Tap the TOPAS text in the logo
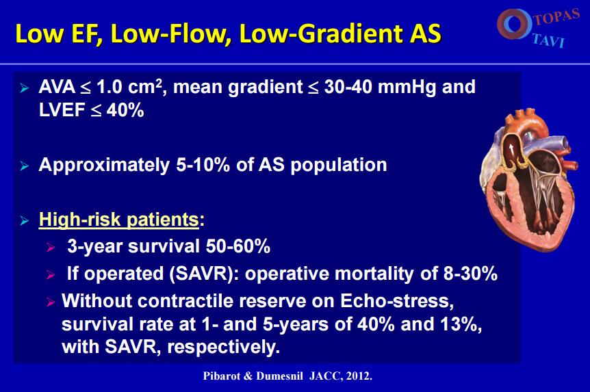[556, 16]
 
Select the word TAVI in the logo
[549, 40]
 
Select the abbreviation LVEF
[62, 110]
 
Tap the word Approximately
[104, 166]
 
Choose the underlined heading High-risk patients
[118, 220]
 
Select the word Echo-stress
[397, 300]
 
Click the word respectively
[224, 347]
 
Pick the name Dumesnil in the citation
[279, 376]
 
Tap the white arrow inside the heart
[511, 149]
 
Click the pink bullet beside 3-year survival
[51, 247]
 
